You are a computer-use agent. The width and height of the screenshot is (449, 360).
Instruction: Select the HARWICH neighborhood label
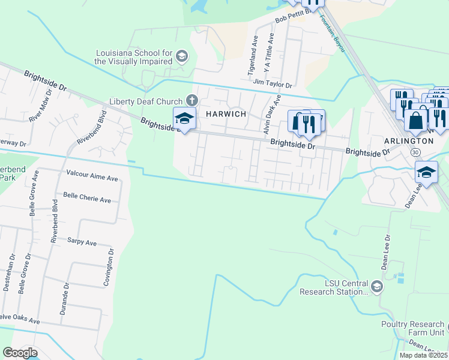point(227,114)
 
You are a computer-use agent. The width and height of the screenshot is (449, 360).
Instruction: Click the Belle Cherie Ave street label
point(87,199)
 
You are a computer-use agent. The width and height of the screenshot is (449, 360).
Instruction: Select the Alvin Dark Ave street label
point(269,116)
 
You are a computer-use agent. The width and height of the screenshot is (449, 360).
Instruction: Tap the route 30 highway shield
point(415,152)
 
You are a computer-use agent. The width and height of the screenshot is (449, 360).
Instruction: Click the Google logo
point(20,353)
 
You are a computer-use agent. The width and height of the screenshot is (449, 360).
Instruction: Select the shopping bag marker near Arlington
point(415,121)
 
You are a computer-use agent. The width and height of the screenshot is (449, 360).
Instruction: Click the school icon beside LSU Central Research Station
point(376,286)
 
